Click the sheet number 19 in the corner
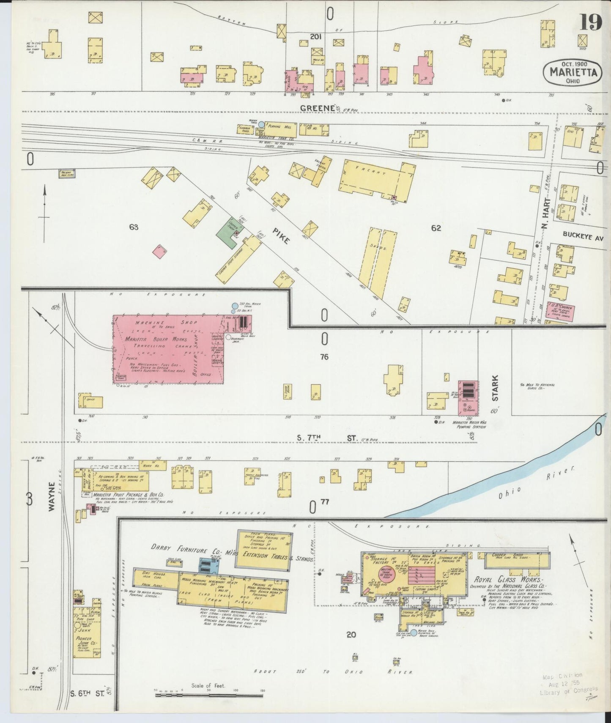click(x=590, y=22)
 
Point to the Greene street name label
click(x=317, y=109)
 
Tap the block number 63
click(x=134, y=227)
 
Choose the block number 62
click(x=436, y=228)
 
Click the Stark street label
click(x=495, y=388)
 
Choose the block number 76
click(x=324, y=357)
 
